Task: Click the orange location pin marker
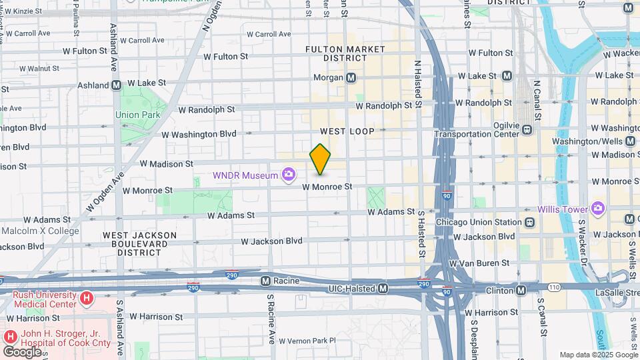(x=320, y=159)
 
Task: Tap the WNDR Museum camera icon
(x=289, y=175)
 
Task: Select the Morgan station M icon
(x=351, y=78)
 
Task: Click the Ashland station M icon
(x=116, y=85)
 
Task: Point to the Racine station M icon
(x=265, y=281)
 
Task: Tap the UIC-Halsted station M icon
(x=383, y=288)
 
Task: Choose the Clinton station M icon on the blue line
(x=521, y=290)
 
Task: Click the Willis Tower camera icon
(x=597, y=209)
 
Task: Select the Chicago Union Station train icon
(x=529, y=222)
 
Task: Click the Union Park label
(x=137, y=115)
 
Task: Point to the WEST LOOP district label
(x=347, y=131)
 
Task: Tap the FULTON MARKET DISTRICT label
(x=345, y=54)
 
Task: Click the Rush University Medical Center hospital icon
(x=86, y=297)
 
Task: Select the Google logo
(x=22, y=351)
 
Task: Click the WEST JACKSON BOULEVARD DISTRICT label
(x=140, y=244)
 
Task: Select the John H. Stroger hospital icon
(x=11, y=336)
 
